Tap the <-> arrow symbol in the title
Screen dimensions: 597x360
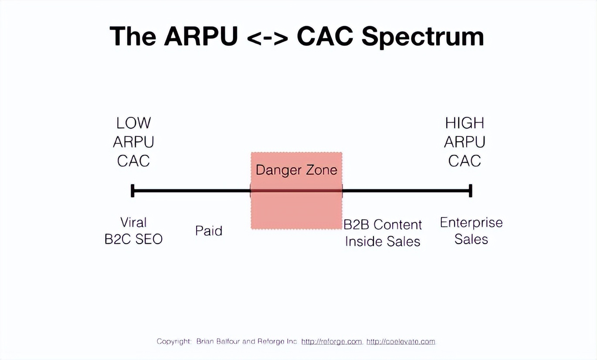(268, 38)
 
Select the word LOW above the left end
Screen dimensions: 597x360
(133, 123)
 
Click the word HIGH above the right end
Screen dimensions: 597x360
(465, 123)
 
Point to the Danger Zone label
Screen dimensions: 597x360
(296, 170)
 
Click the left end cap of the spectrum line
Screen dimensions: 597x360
(132, 191)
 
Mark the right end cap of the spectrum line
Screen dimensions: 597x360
(471, 191)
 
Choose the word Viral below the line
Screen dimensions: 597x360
(133, 222)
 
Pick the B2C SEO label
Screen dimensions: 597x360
(133, 239)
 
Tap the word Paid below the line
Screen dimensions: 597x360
(209, 231)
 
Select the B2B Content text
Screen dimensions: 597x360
(383, 224)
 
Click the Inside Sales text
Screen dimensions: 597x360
(383, 241)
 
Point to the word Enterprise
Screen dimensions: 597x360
(471, 223)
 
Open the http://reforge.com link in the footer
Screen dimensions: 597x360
(332, 342)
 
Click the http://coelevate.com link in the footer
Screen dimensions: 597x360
(401, 342)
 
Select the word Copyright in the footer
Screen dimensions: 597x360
(174, 342)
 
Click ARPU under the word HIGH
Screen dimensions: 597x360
(465, 142)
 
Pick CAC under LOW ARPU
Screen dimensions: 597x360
(133, 161)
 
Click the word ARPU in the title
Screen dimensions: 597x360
(201, 36)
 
